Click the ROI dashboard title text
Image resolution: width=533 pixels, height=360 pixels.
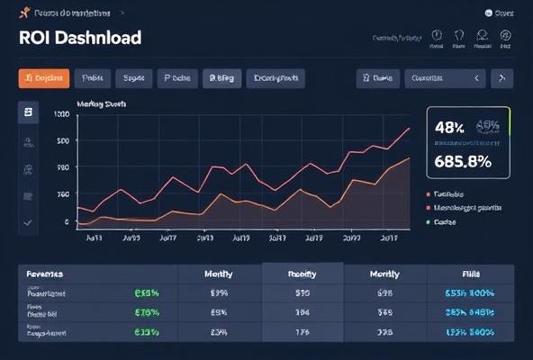pos(79,39)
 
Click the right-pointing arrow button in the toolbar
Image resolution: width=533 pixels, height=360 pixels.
pos(502,78)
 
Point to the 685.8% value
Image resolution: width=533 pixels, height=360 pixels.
pos(462,162)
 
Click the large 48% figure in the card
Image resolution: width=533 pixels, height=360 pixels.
pos(448,128)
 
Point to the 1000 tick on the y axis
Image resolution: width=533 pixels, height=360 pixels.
pos(61,115)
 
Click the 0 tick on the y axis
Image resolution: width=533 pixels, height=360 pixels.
pos(66,221)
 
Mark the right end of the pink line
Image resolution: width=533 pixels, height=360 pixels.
pos(411,128)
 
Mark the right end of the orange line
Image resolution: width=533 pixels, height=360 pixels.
pos(411,157)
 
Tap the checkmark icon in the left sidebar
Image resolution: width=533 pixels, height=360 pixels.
pos(28,221)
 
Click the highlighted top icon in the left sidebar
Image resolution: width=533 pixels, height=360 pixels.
pos(28,112)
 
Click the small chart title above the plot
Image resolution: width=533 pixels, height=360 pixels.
pos(102,104)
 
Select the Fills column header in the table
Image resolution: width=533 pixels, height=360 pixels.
pos(471,274)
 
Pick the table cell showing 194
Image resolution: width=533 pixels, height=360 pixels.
pos(303,312)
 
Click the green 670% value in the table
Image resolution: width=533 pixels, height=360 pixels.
pos(146,312)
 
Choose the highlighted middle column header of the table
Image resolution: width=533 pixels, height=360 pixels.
pos(302,274)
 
